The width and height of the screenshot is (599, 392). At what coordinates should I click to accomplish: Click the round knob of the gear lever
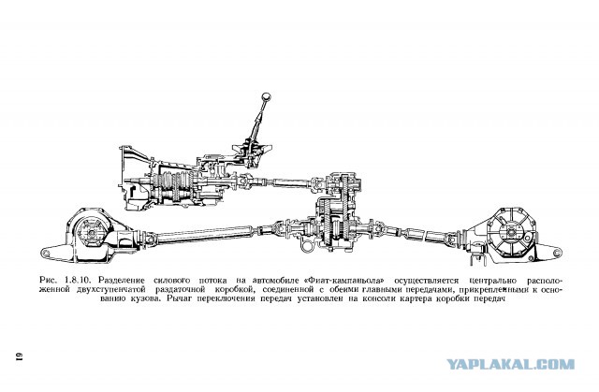click(266, 96)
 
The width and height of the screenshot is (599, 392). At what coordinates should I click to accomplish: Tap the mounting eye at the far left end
click(47, 253)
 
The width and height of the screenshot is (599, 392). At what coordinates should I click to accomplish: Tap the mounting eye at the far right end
click(557, 252)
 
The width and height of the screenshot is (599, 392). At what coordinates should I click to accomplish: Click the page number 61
click(20, 356)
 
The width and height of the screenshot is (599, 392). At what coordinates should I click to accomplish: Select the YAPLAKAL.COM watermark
click(510, 364)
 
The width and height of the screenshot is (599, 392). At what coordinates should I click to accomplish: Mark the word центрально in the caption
click(493, 281)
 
